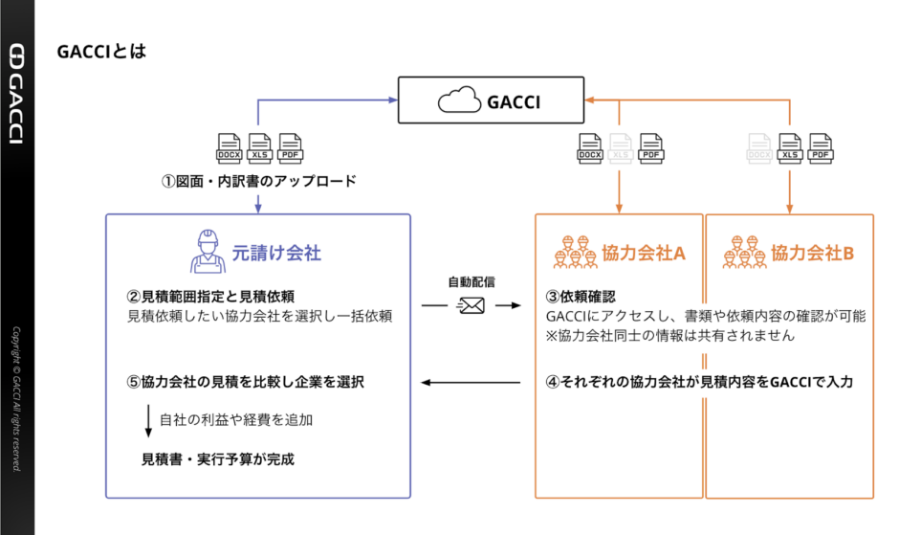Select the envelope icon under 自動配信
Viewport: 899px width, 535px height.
point(471,305)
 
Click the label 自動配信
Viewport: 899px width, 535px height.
point(471,282)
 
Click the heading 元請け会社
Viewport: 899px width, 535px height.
point(276,254)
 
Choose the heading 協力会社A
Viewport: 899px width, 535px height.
point(644,254)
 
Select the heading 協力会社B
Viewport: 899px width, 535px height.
point(812,254)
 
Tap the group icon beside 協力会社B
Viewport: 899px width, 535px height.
point(743,252)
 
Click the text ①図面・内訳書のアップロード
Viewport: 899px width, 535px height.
point(258,181)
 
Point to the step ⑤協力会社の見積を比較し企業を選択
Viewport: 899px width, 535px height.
point(245,382)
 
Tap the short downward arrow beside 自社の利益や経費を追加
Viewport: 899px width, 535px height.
point(148,419)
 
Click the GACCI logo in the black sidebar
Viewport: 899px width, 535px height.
point(16,93)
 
